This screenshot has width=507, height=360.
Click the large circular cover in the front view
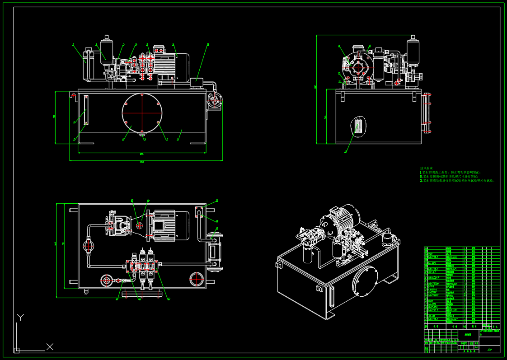(142, 113)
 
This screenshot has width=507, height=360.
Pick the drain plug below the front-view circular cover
(142, 133)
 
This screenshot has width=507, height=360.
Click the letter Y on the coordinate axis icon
(20, 318)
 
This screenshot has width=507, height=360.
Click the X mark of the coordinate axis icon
(50, 346)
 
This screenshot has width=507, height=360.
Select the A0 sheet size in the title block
(489, 349)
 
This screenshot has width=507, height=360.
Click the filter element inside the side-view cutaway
(358, 126)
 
